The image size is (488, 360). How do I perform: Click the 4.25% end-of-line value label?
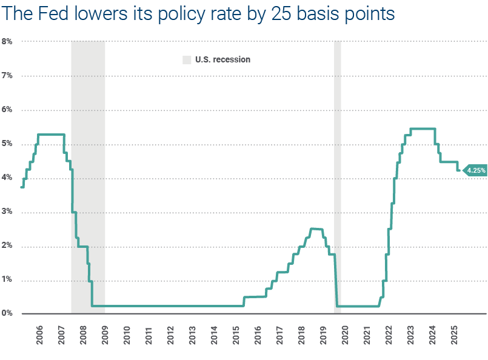pos(476,171)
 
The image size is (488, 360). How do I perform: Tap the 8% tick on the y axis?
pos(7,41)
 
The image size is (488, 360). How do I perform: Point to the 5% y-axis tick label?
pos(7,144)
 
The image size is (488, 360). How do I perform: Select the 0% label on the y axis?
pos(7,313)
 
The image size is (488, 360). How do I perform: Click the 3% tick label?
pos(7,212)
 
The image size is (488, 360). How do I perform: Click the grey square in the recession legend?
pos(187,59)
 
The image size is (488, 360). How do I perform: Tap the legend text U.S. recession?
pos(222,59)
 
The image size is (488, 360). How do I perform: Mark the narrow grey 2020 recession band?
pos(338,176)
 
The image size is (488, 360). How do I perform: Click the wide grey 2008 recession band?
pos(88,176)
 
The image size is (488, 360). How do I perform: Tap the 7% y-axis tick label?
pos(7,75)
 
